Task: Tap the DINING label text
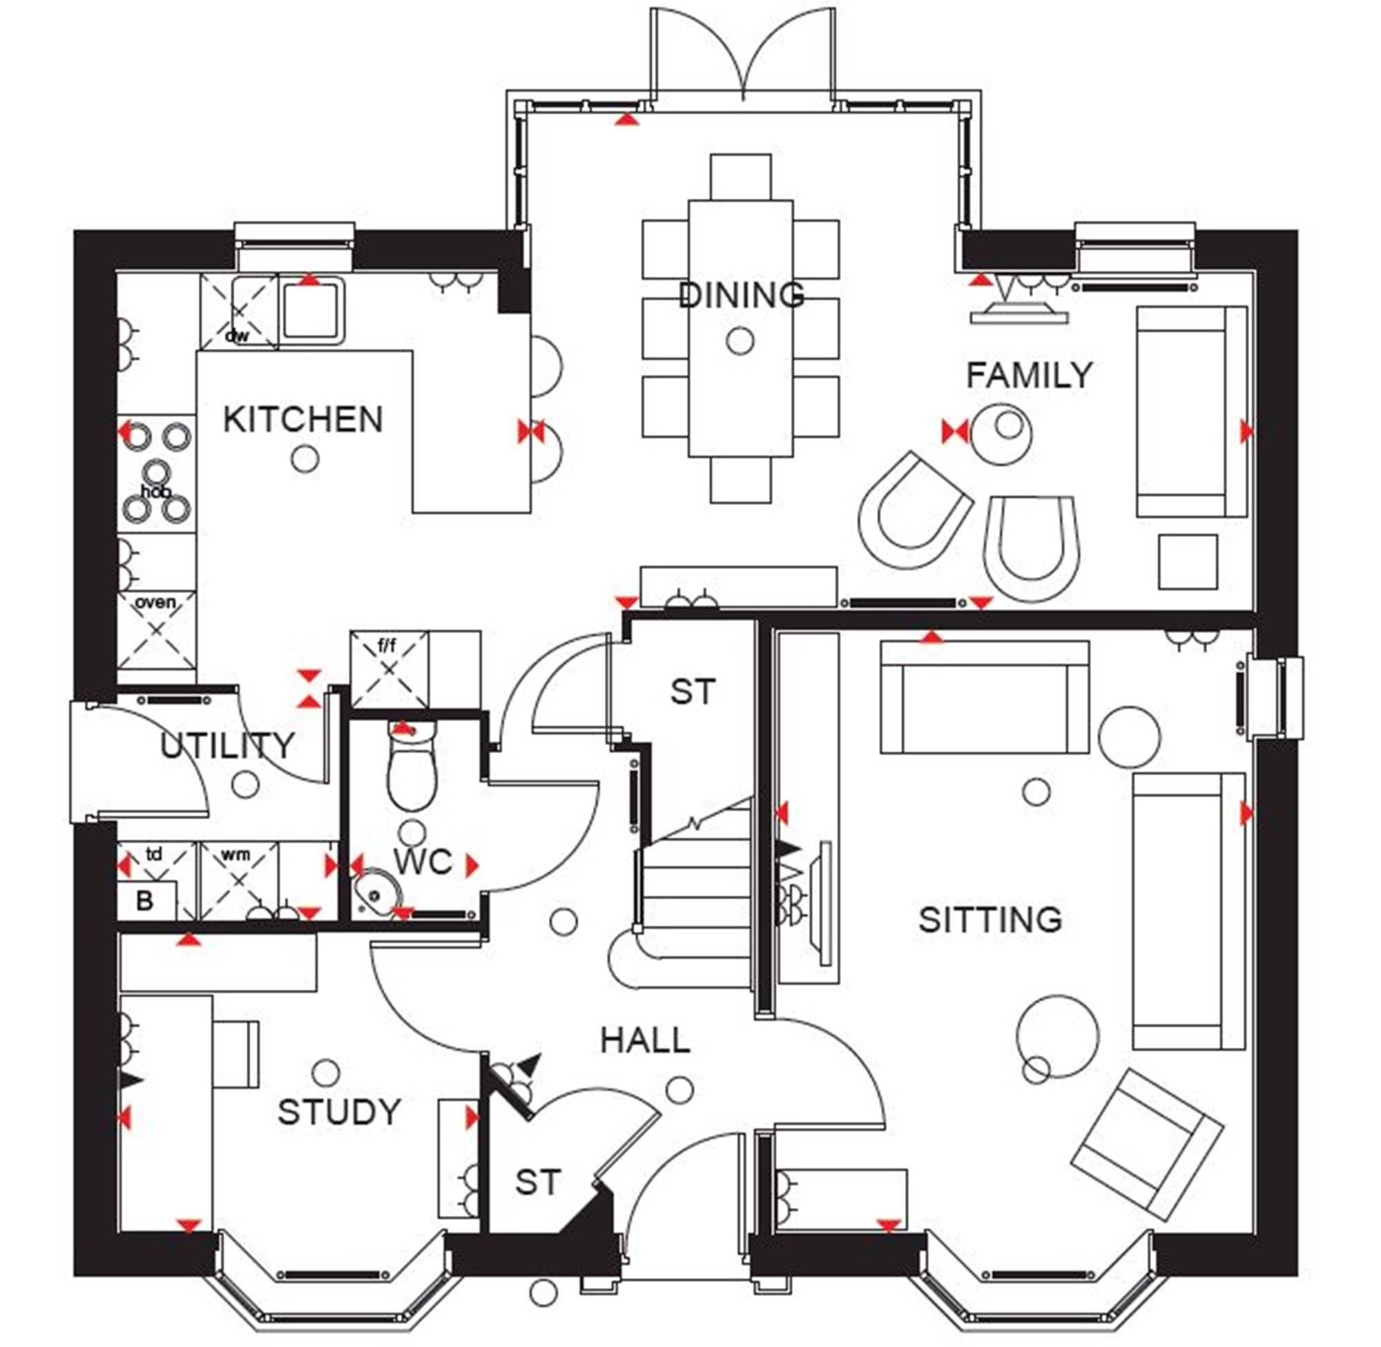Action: pyautogui.click(x=741, y=294)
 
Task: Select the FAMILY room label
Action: pyautogui.click(x=1029, y=374)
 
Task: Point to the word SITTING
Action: pyautogui.click(x=990, y=919)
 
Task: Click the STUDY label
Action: pyautogui.click(x=340, y=1111)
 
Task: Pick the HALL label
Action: pyautogui.click(x=645, y=1040)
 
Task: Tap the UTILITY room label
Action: pyautogui.click(x=226, y=745)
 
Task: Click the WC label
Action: pyautogui.click(x=422, y=861)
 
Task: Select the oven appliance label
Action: pyautogui.click(x=155, y=602)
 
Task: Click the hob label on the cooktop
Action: pyautogui.click(x=155, y=491)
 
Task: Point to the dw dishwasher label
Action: pyautogui.click(x=237, y=335)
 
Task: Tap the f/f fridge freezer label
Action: pyautogui.click(x=387, y=644)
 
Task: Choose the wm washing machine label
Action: pyautogui.click(x=235, y=854)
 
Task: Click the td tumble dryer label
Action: pyautogui.click(x=153, y=854)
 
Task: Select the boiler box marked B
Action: pyautogui.click(x=146, y=901)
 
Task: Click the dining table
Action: pyautogui.click(x=740, y=328)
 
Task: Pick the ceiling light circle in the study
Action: pyautogui.click(x=325, y=1073)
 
